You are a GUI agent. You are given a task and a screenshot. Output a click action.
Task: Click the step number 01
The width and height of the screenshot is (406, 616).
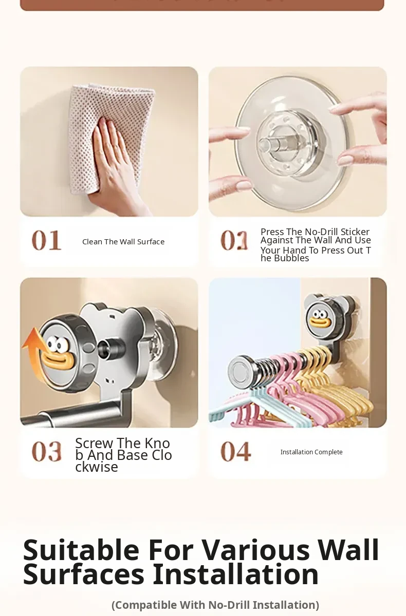tap(47, 240)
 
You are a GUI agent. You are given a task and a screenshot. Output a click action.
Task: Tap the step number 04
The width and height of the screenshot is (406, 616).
tap(235, 451)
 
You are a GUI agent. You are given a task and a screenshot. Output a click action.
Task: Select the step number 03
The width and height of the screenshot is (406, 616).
tap(47, 451)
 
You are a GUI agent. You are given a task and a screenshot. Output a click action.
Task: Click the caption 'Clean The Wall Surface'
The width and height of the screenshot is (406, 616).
tap(123, 242)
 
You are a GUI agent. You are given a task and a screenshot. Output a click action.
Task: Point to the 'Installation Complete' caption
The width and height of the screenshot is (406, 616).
tap(311, 452)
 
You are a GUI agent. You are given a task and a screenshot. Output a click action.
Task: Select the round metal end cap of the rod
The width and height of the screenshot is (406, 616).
tap(239, 371)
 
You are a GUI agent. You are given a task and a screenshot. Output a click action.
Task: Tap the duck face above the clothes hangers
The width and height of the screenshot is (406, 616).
tap(320, 319)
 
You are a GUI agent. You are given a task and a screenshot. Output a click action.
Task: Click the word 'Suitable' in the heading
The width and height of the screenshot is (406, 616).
tap(81, 550)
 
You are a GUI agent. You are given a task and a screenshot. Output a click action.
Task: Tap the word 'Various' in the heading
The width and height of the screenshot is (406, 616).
tap(256, 550)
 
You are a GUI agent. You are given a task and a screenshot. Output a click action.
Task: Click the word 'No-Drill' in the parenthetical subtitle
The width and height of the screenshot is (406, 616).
tap(229, 605)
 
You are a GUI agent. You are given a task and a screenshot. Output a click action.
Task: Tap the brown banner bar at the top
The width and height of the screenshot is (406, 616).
tap(202, 5)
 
